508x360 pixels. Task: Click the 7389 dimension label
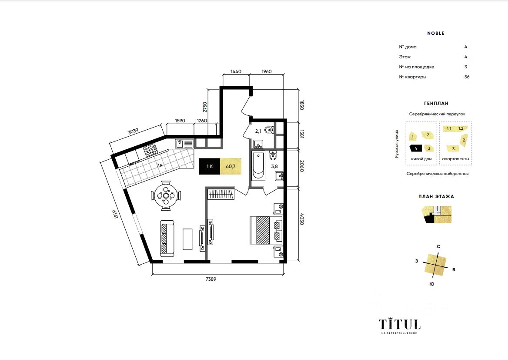coord(211,279)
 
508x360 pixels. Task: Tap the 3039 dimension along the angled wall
coord(133,131)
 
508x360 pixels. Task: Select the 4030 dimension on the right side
coord(302,219)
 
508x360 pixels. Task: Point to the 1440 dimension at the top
coord(236,71)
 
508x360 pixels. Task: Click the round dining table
coord(166,195)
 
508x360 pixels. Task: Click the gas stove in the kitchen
coord(150,150)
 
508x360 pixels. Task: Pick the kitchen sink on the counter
coord(184,144)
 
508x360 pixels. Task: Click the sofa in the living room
coord(167,238)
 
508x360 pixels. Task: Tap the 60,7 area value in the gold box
coord(231,166)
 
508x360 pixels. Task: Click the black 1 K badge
coord(210,166)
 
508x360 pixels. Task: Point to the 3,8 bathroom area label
coord(274,166)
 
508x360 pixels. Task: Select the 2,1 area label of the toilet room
coord(258,131)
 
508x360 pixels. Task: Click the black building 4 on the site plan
coord(416,148)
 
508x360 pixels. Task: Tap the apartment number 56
coord(467,77)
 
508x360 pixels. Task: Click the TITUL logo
coord(400,324)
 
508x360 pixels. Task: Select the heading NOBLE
coord(436,33)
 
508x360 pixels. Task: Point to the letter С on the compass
coord(439,246)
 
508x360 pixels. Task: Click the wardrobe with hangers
coord(221,194)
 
